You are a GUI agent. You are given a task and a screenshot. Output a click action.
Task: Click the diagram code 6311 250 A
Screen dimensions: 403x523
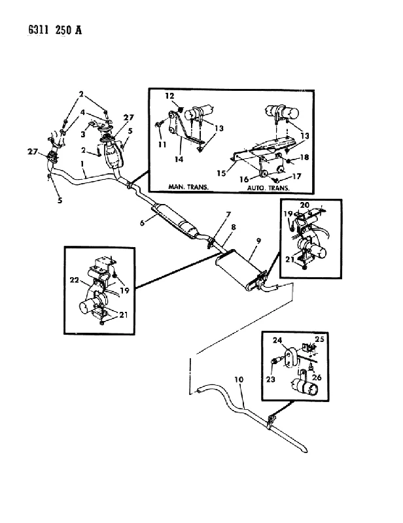[x=55, y=30]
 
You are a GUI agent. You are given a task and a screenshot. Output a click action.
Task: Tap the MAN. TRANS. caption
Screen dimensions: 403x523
[x=188, y=187]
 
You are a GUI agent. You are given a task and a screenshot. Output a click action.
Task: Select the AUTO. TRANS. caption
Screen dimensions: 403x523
[x=268, y=188]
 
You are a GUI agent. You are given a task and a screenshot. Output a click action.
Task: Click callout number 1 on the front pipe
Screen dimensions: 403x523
[x=82, y=164]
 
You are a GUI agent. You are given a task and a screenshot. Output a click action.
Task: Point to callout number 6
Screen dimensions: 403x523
[x=142, y=222]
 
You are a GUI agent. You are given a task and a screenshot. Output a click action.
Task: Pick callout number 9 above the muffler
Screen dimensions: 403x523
[x=258, y=241]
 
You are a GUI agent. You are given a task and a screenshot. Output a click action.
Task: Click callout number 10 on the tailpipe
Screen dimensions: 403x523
[x=239, y=379]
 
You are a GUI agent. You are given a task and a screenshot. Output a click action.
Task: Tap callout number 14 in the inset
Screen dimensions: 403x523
[x=179, y=159]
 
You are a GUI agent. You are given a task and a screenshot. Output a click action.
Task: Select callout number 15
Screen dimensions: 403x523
[x=221, y=173]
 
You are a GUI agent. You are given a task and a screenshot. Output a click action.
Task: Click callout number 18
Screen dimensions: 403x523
[x=304, y=157]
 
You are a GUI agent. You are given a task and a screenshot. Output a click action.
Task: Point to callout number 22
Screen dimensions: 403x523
[x=74, y=280]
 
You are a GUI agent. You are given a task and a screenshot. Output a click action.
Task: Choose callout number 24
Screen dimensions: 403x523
[x=277, y=340]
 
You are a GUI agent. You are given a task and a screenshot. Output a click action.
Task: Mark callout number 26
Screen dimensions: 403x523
[x=317, y=377]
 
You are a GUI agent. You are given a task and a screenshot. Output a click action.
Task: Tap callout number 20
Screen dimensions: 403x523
[x=305, y=205]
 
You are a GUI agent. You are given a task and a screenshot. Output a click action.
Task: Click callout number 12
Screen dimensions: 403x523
[x=169, y=95]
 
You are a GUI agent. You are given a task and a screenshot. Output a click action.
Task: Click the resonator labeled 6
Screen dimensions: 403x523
[x=175, y=222]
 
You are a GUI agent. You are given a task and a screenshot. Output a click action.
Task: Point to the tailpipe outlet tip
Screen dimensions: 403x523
[x=304, y=450]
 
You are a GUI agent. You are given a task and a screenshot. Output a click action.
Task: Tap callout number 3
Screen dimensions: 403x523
[x=83, y=134]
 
